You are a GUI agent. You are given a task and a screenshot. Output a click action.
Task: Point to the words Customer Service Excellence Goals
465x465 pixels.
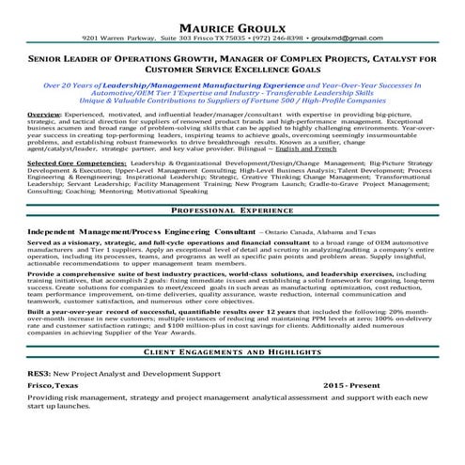coord(232,70)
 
